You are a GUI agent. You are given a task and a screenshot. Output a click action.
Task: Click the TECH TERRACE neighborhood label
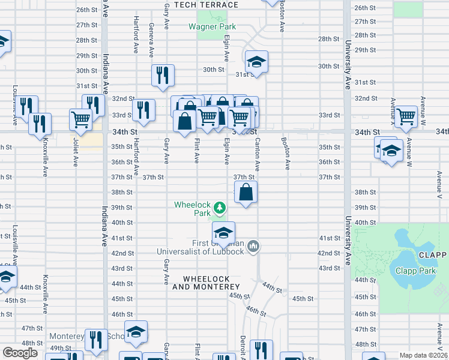click(206, 5)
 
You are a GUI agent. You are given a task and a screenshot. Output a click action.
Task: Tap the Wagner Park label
click(212, 26)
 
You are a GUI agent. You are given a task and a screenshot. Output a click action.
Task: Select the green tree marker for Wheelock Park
click(220, 208)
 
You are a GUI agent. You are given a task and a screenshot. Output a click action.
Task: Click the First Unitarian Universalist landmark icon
click(253, 246)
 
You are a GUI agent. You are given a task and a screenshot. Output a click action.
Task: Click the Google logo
click(20, 353)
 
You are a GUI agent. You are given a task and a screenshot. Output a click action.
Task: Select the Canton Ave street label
click(257, 154)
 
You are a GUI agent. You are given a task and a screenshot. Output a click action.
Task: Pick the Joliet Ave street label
click(76, 154)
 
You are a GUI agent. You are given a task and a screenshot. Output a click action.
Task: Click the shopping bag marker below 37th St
click(246, 193)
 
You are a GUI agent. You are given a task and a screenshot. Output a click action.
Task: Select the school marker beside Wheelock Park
click(223, 233)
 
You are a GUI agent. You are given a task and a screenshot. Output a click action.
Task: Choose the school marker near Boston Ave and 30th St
click(256, 62)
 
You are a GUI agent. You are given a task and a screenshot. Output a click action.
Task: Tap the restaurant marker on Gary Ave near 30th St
click(163, 75)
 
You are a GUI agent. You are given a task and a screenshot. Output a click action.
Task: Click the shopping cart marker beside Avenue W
click(406, 116)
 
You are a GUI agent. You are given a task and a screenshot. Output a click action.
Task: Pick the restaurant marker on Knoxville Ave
click(40, 124)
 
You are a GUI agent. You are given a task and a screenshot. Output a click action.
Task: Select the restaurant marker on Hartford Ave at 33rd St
click(143, 110)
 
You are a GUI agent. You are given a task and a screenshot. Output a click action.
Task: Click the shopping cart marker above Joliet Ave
click(80, 119)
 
